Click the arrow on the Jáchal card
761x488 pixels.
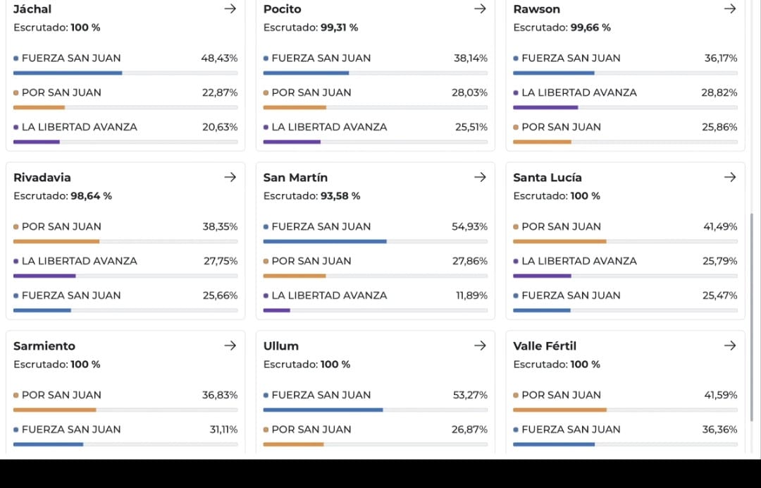(x=230, y=8)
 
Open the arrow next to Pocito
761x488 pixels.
(x=480, y=8)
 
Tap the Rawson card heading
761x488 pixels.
(x=536, y=9)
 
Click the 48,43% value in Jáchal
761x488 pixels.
(x=219, y=59)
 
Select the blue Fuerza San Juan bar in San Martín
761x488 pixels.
(x=325, y=241)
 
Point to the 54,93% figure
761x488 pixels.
(x=469, y=227)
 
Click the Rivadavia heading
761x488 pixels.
(x=42, y=178)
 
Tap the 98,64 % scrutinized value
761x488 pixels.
(x=91, y=196)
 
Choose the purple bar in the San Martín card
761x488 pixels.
(x=277, y=310)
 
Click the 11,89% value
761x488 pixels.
(x=471, y=295)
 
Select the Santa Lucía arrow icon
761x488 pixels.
(x=730, y=177)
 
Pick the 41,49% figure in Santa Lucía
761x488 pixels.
(x=719, y=227)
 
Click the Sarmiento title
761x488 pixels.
(x=44, y=346)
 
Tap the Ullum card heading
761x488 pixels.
(x=281, y=346)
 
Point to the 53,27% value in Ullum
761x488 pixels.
(x=470, y=395)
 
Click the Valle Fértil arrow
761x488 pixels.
(x=730, y=346)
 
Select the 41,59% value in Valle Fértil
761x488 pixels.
(x=720, y=395)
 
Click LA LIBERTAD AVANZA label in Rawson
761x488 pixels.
(x=579, y=93)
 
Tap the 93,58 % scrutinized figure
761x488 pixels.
(x=340, y=196)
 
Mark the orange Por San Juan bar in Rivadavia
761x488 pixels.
(x=56, y=241)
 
